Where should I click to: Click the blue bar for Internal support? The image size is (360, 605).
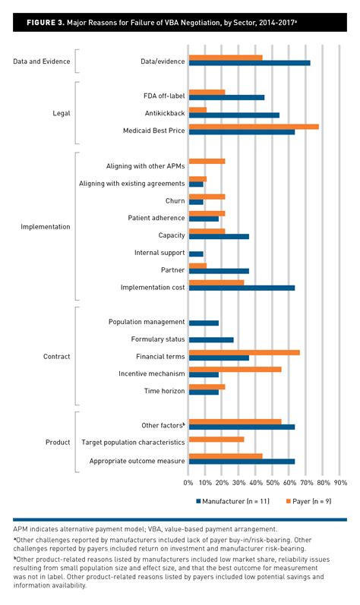[x=196, y=254]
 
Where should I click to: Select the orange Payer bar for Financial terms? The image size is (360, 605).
[x=244, y=352]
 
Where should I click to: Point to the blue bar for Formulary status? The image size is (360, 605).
[x=210, y=339]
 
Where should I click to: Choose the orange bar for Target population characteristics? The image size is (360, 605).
[x=216, y=440]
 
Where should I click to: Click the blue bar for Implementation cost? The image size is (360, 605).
[x=242, y=288]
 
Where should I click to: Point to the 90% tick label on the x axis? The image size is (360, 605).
[x=340, y=482]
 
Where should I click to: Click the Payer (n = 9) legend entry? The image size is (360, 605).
[x=314, y=501]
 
